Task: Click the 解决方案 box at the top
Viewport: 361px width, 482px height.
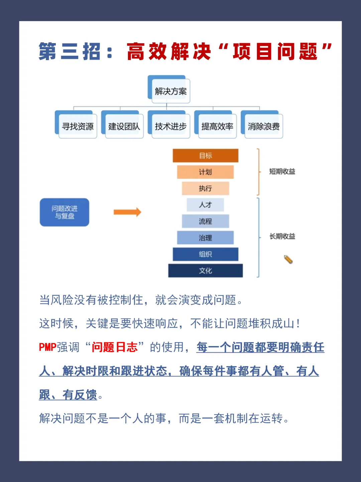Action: coord(170,91)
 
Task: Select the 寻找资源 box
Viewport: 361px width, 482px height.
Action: coord(78,126)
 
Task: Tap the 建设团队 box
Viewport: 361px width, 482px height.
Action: coord(124,126)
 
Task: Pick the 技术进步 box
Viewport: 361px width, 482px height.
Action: coord(170,126)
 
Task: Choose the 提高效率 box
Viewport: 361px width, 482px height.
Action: coord(217,126)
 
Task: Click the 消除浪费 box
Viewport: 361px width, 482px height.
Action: coord(263,126)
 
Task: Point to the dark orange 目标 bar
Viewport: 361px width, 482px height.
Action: coord(205,156)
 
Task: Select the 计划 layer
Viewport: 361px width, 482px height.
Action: coord(205,172)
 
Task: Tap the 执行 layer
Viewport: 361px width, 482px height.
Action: coord(205,188)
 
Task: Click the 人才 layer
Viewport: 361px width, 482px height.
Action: coord(205,205)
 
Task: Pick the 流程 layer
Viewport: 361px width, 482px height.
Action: coord(205,221)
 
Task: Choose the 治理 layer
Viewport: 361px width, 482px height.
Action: coord(205,237)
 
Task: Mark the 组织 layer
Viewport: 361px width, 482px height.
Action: coord(205,254)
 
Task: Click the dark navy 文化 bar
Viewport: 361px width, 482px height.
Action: coord(205,271)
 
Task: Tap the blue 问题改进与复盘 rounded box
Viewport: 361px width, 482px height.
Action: coord(65,212)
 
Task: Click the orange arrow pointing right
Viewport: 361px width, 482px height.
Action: coord(127,212)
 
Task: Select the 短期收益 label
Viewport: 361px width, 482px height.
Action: coord(282,171)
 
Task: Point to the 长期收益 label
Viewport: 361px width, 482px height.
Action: coord(282,236)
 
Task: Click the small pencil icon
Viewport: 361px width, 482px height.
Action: coord(288,260)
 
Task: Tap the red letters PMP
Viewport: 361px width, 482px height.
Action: coord(47,347)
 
